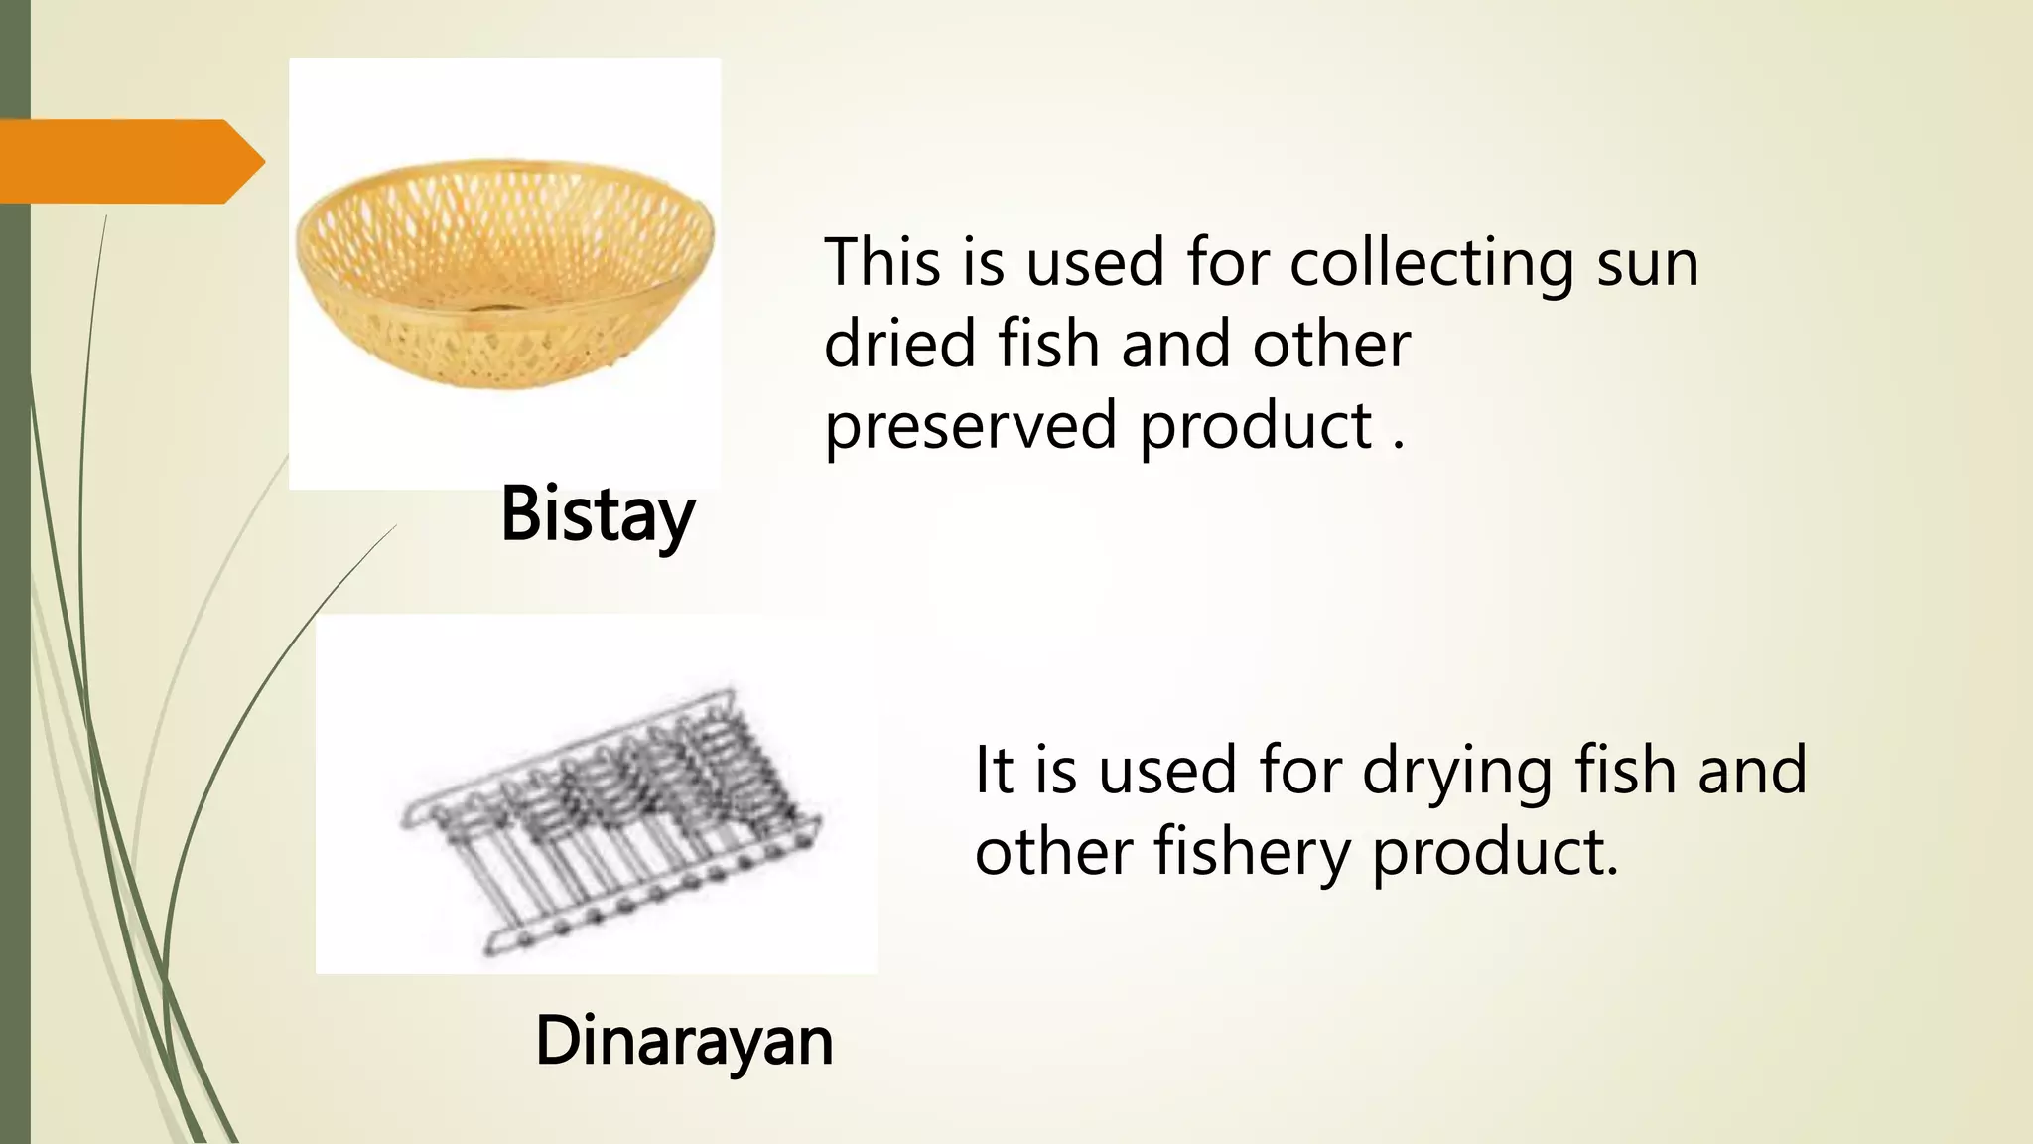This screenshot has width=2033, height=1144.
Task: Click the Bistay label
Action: click(x=598, y=514)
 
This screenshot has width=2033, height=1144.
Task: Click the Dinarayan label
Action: click(x=684, y=1042)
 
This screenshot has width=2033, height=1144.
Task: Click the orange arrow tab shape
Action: click(x=129, y=161)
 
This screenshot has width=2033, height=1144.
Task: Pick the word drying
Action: click(x=1455, y=773)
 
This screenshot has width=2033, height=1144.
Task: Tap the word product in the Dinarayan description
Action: click(x=1495, y=853)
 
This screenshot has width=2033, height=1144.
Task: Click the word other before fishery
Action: click(x=1053, y=853)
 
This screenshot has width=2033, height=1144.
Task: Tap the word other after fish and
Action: click(x=1331, y=344)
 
